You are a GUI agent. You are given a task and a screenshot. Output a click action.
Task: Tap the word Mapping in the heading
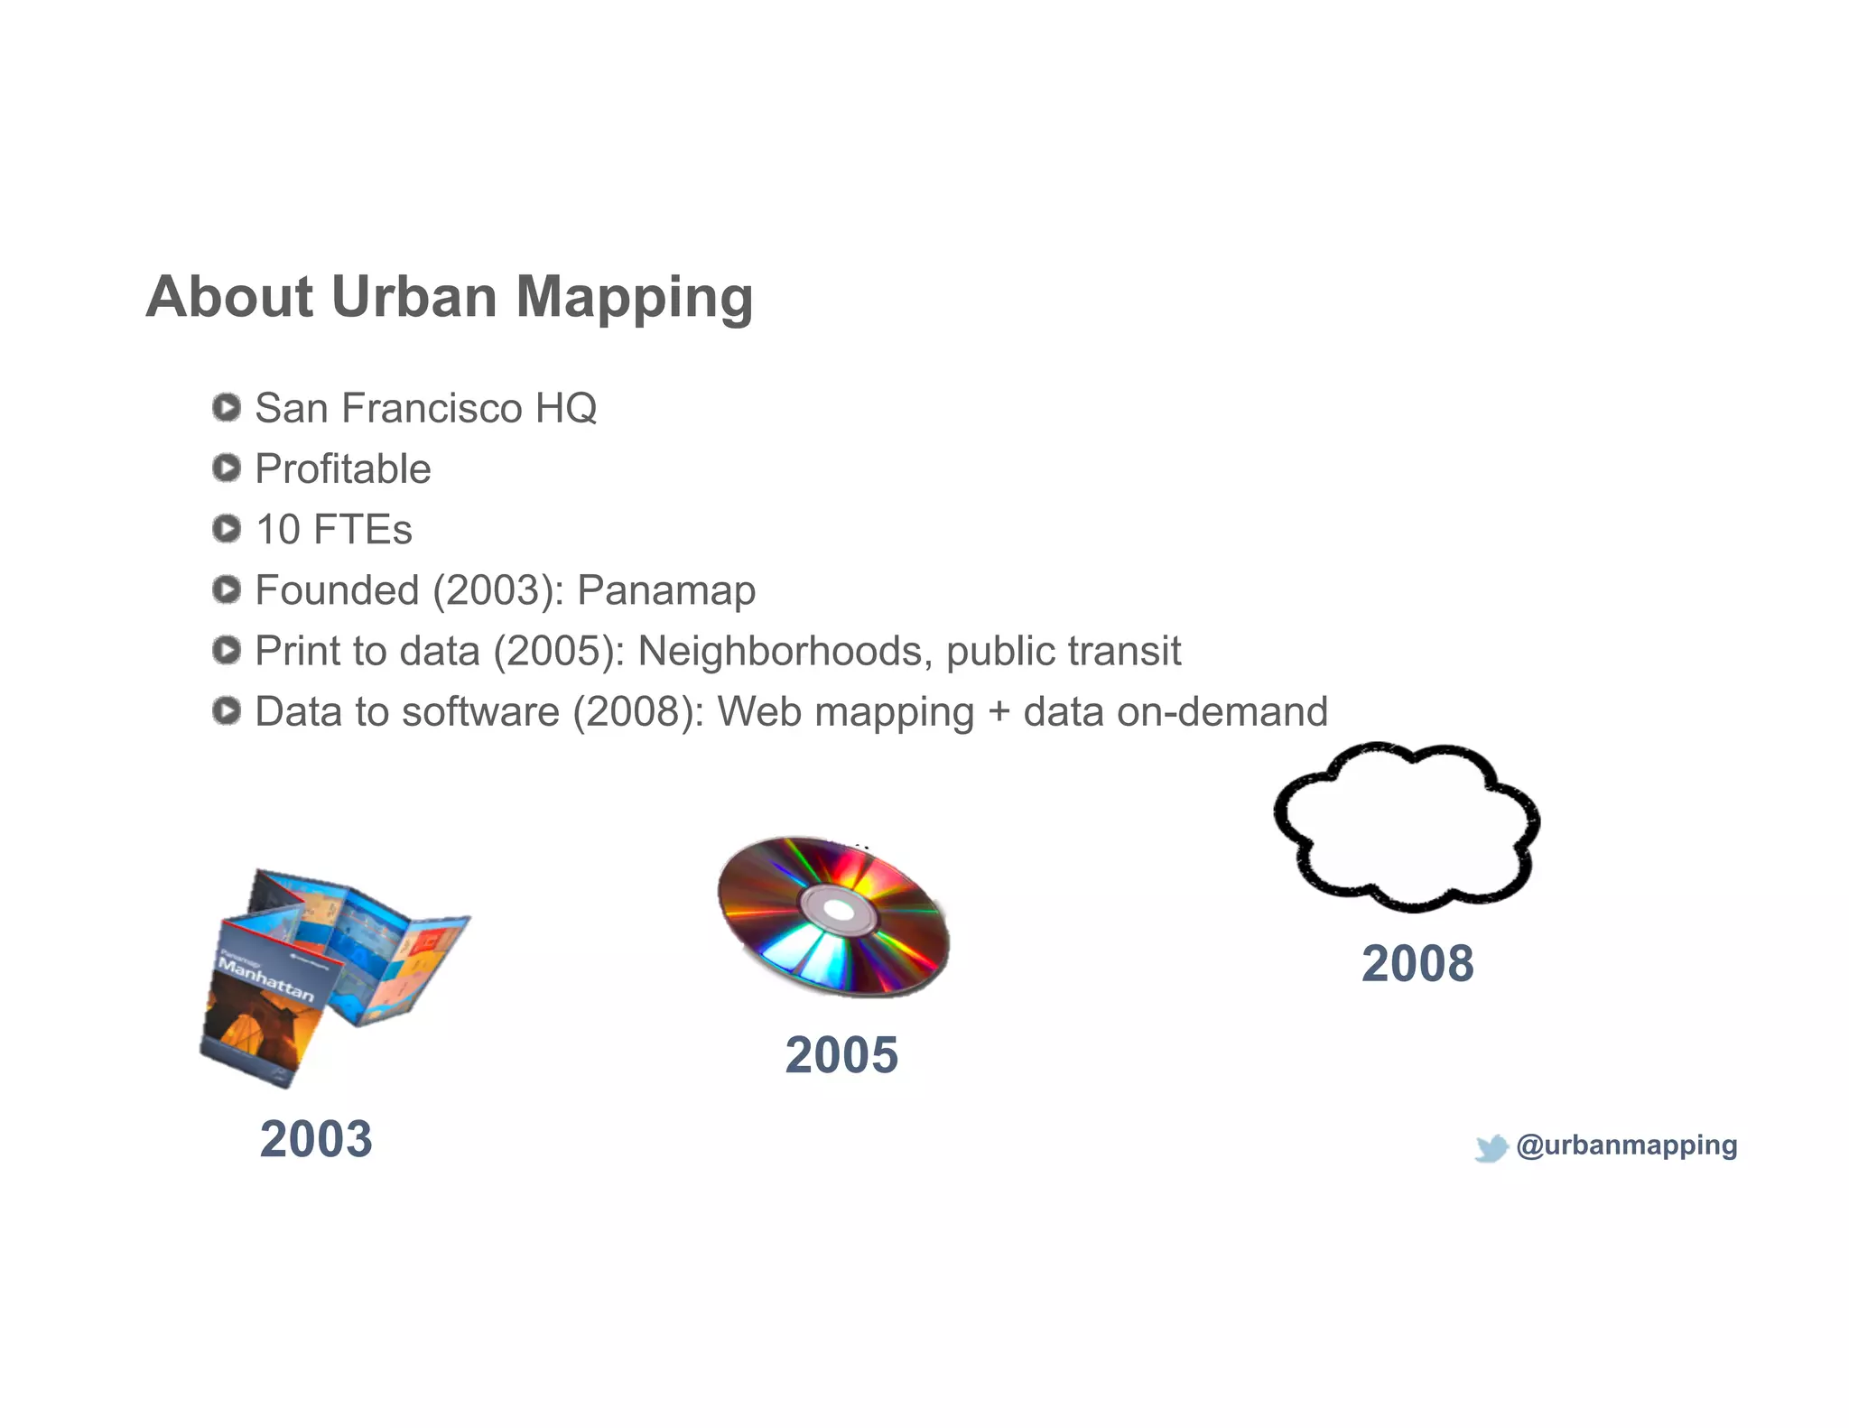(x=634, y=298)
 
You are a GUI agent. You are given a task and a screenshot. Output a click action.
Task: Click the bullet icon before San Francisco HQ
(x=226, y=407)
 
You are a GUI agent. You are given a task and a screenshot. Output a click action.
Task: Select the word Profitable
(x=342, y=468)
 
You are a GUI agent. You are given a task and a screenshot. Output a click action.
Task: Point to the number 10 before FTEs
(x=278, y=530)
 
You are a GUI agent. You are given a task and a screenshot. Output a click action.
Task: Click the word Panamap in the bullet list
(x=665, y=590)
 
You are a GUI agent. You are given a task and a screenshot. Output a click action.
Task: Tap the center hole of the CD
(x=839, y=911)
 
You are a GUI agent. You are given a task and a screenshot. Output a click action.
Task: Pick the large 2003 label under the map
(x=316, y=1139)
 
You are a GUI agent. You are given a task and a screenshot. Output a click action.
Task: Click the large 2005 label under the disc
(x=841, y=1055)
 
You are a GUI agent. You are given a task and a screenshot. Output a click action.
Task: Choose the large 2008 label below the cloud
(x=1417, y=963)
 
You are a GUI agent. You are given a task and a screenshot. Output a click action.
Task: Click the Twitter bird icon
(x=1491, y=1147)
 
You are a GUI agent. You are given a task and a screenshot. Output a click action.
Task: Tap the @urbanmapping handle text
(x=1626, y=1145)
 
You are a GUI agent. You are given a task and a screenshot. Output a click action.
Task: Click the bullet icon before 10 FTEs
(x=226, y=529)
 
